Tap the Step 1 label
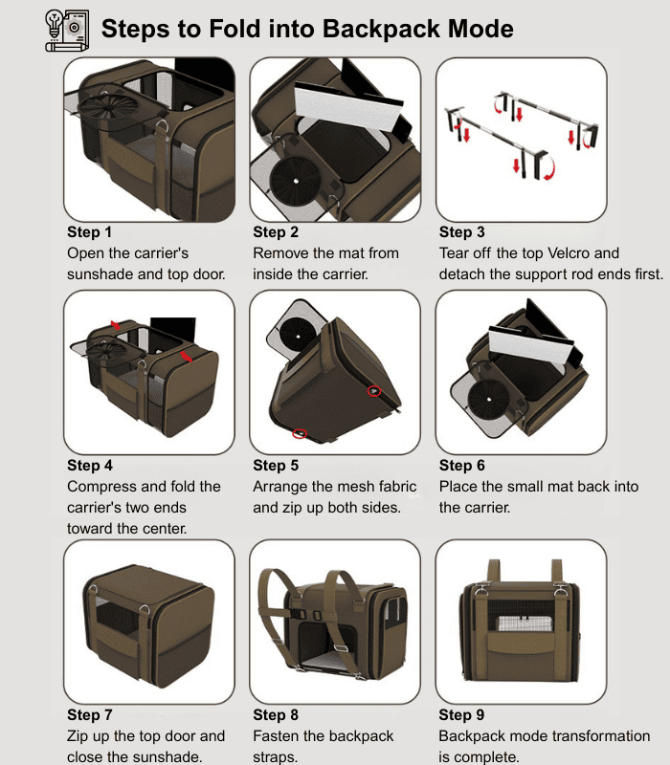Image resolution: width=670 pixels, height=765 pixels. [89, 232]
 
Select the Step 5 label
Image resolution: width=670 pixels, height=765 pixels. [276, 466]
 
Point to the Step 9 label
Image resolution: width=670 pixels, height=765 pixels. [461, 715]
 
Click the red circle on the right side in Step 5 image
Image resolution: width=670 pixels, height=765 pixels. [374, 390]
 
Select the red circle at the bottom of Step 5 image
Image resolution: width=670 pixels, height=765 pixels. [300, 433]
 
